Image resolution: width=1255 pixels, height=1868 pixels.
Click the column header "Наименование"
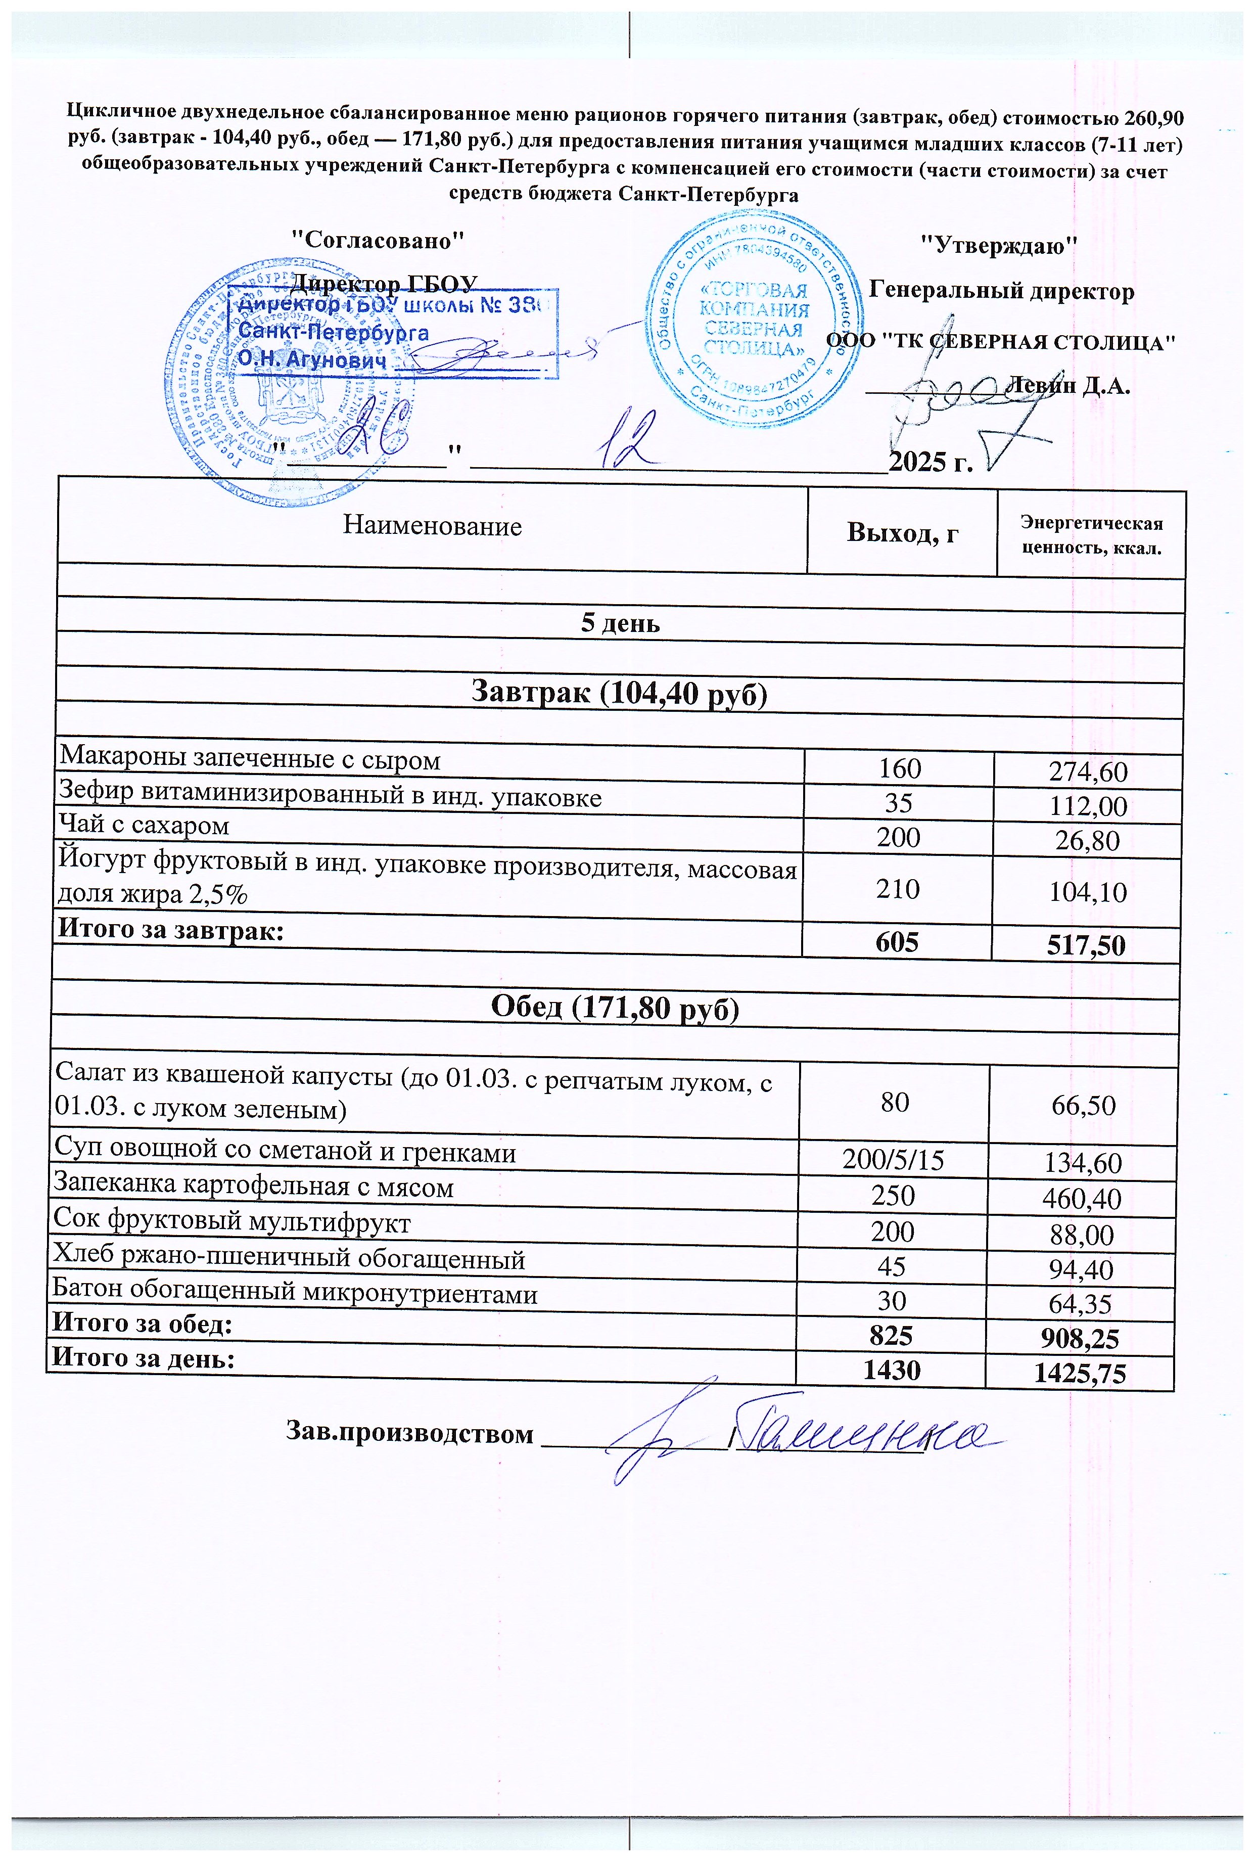tap(432, 527)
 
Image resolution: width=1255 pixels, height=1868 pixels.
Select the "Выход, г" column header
tap(902, 533)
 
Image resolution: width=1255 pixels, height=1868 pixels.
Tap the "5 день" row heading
tap(620, 623)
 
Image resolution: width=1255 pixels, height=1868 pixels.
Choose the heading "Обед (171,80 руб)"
tap(615, 1008)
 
